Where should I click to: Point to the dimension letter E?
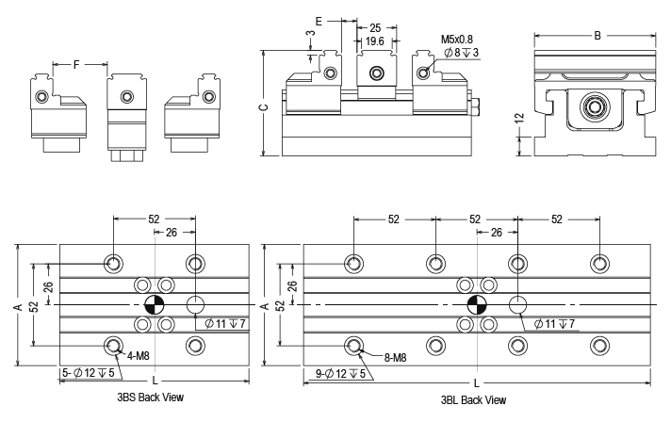tap(319, 19)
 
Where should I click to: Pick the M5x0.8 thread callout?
tap(459, 41)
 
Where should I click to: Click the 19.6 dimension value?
tap(375, 42)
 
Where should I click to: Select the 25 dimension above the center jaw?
tap(375, 28)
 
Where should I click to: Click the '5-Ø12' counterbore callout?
tap(78, 374)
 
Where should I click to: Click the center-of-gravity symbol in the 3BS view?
tap(155, 305)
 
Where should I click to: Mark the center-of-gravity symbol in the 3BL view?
tap(477, 305)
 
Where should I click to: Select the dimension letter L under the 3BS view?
tap(155, 380)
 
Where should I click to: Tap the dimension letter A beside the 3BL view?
tap(266, 305)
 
